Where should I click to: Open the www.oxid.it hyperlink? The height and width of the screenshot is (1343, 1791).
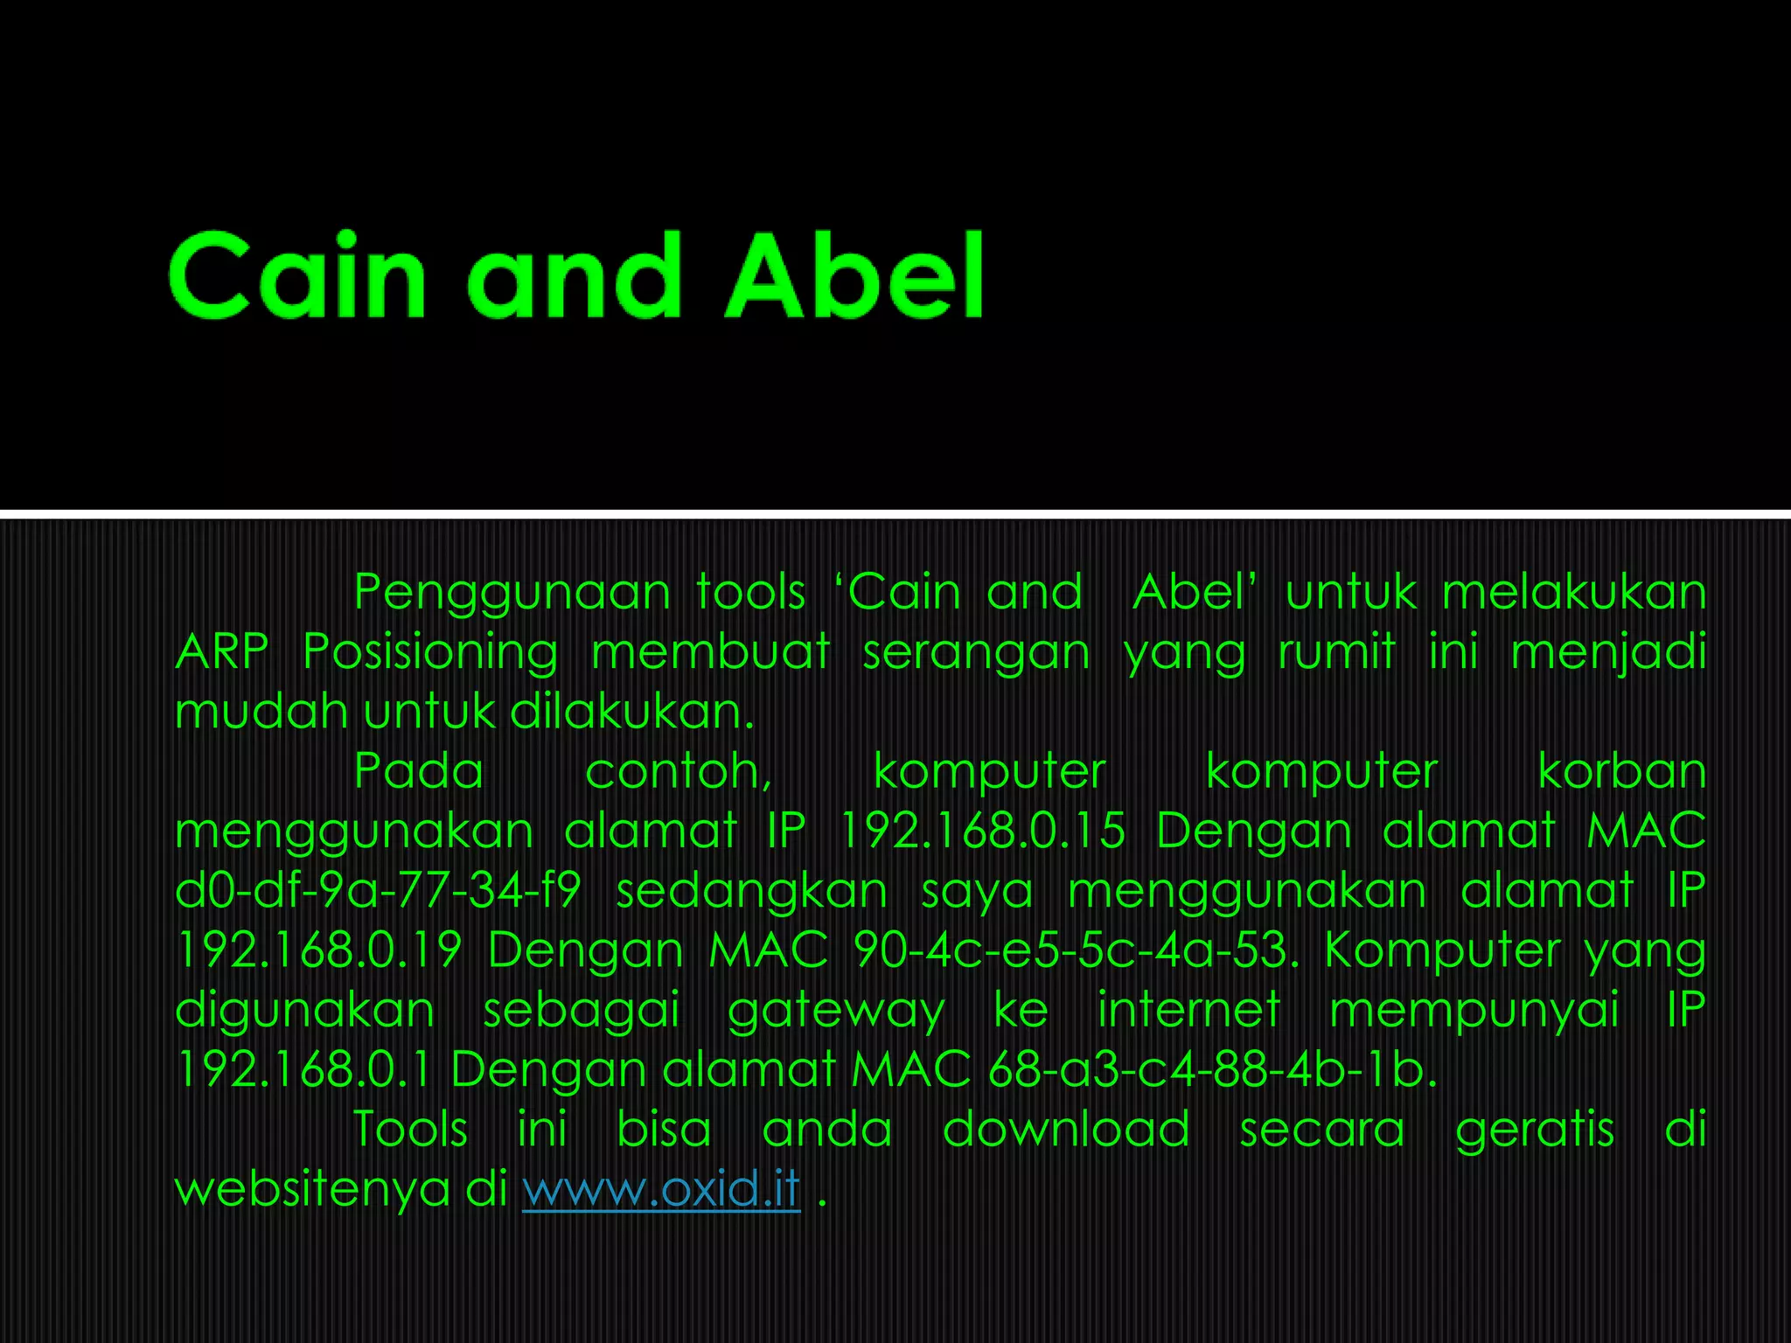pyautogui.click(x=661, y=1189)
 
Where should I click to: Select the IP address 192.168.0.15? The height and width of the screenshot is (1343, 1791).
pyautogui.click(x=982, y=831)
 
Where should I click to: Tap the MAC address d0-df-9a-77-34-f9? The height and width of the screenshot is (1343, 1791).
pyautogui.click(x=378, y=891)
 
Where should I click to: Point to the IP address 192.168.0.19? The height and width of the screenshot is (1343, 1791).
pyautogui.click(x=318, y=950)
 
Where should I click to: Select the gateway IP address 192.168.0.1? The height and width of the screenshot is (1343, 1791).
pyautogui.click(x=303, y=1069)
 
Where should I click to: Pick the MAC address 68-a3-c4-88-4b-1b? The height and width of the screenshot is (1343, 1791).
pyautogui.click(x=1212, y=1069)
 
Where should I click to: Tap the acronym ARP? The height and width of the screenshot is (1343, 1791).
pyautogui.click(x=222, y=652)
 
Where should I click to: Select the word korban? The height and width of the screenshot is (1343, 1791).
pyautogui.click(x=1621, y=772)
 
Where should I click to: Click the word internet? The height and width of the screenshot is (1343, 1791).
pyautogui.click(x=1189, y=1010)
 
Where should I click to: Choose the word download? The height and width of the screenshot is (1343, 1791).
pyautogui.click(x=1066, y=1129)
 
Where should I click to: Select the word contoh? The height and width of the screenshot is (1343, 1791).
pyautogui.click(x=678, y=772)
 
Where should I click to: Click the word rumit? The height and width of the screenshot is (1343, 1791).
pyautogui.click(x=1336, y=652)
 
